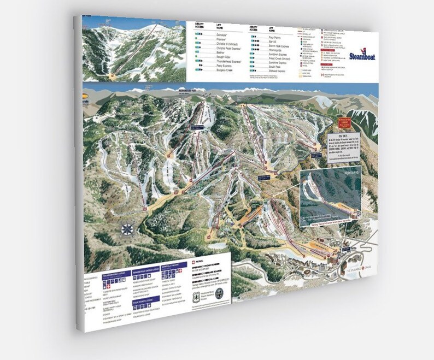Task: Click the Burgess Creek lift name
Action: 212,70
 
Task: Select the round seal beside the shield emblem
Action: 219,293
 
